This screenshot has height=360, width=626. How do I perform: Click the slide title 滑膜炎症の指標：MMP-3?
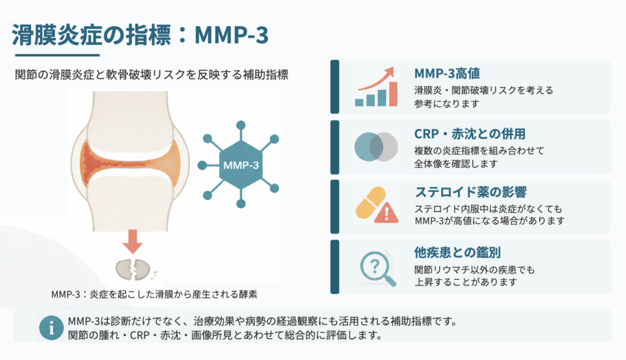140,35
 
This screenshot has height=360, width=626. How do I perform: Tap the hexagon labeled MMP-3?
241,164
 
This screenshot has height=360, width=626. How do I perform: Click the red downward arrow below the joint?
133,241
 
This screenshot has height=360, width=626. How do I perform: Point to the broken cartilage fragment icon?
133,270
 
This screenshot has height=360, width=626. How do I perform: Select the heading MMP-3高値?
447,73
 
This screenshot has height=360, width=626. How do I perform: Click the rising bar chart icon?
376,87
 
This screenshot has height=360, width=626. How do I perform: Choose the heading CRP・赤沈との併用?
470,134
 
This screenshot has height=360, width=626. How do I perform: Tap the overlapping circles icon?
376,147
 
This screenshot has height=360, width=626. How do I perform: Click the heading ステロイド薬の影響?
471,192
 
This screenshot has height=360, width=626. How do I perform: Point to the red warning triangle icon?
386,213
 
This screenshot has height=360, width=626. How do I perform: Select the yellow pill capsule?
370,202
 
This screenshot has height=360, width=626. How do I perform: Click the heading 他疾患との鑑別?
457,252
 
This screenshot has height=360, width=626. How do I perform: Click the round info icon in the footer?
51,328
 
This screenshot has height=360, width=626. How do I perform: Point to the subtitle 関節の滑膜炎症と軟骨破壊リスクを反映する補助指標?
152,75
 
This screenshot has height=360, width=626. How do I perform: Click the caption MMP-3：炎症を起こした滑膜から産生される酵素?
154,295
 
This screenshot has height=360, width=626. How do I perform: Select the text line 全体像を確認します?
456,164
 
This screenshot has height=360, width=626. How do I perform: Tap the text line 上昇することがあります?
466,282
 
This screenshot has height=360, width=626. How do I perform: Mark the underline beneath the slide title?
57,55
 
